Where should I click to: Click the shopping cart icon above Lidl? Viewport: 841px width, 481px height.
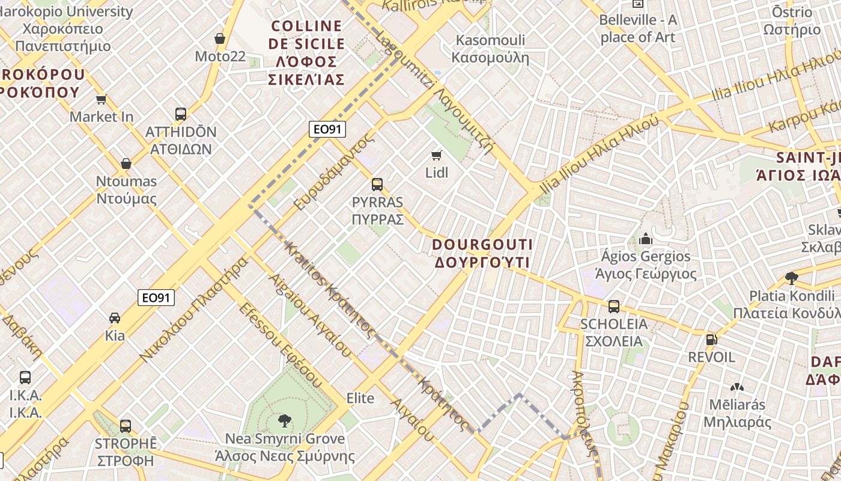437,155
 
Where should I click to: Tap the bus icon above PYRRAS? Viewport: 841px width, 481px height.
377,185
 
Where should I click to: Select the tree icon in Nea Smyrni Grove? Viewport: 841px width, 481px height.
285,421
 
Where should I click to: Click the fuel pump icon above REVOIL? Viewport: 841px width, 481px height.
711,340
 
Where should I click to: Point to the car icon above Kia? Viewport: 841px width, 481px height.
115,317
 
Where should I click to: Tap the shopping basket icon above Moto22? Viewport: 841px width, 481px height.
220,38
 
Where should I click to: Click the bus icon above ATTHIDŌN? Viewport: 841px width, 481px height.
180,114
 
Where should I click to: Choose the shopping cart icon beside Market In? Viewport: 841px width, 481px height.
102,99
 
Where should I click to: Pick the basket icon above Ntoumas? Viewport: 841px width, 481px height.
126,164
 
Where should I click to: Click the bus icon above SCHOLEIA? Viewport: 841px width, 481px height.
613,307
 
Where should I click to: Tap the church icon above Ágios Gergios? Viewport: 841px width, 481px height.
646,239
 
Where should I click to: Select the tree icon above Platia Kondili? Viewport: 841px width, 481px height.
792,278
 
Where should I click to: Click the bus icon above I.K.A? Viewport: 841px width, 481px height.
25,378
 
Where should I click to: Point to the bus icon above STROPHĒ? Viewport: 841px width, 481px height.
126,426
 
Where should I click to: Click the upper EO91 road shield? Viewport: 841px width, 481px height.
327,129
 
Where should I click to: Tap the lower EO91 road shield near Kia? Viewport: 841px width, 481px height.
156,297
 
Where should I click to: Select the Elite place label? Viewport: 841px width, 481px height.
360,398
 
